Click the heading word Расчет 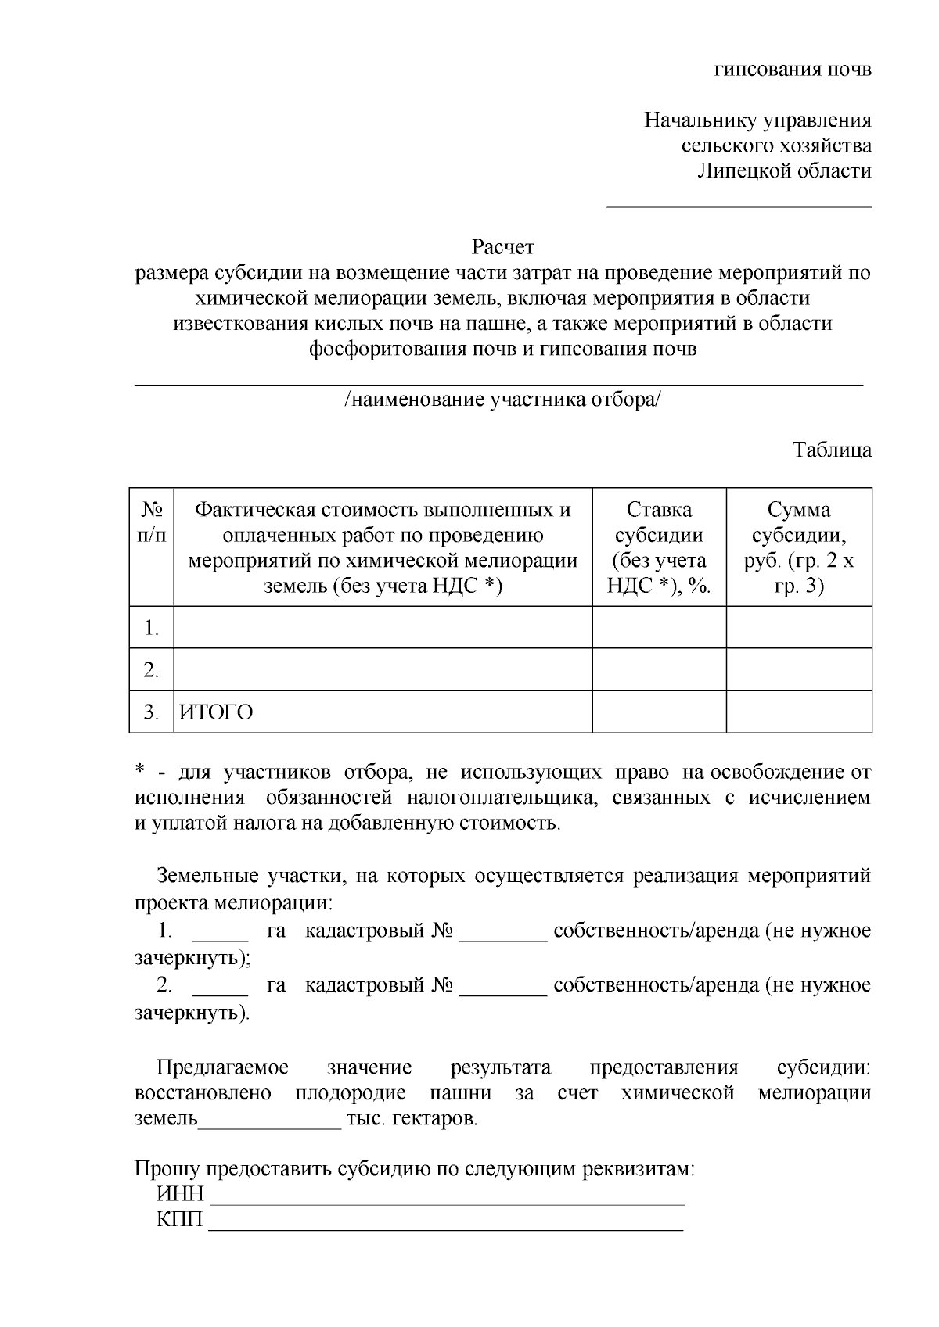(502, 248)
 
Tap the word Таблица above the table (832, 450)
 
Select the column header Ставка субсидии (659, 547)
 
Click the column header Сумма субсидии (799, 547)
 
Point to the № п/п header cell (151, 523)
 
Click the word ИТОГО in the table (217, 712)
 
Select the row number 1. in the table (151, 628)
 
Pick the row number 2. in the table (151, 670)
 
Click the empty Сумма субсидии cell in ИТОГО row (799, 712)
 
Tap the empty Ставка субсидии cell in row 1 (659, 627)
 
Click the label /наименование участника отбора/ (502, 400)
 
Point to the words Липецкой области (784, 171)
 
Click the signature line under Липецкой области (739, 206)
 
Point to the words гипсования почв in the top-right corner (793, 70)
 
